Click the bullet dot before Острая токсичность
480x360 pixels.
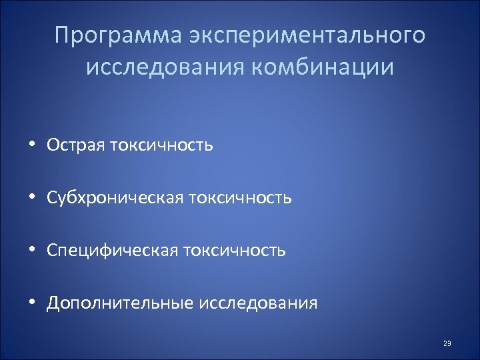pyautogui.click(x=33, y=145)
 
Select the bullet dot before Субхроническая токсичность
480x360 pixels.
pyautogui.click(x=33, y=198)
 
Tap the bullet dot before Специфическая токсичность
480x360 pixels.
pyautogui.click(x=33, y=251)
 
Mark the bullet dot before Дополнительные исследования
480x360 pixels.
pyautogui.click(x=33, y=303)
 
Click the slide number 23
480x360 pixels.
pyautogui.click(x=447, y=344)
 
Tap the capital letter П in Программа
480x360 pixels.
pyautogui.click(x=63, y=35)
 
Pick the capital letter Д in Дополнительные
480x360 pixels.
pyautogui.click(x=54, y=303)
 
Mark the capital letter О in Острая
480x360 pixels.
pyautogui.click(x=54, y=145)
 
